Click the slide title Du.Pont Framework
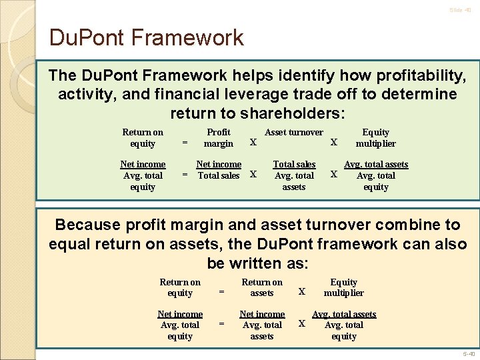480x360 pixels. coord(147,37)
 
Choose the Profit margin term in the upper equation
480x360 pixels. coord(219,138)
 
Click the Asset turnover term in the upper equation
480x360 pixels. coord(294,133)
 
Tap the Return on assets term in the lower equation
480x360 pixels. coord(262,287)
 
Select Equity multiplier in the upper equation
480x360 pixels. coord(375,138)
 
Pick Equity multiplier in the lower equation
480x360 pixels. coord(344,287)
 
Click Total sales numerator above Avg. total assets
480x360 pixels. coord(294,164)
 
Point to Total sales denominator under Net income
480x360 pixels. coord(219,175)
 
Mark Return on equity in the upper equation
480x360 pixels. coord(143,138)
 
